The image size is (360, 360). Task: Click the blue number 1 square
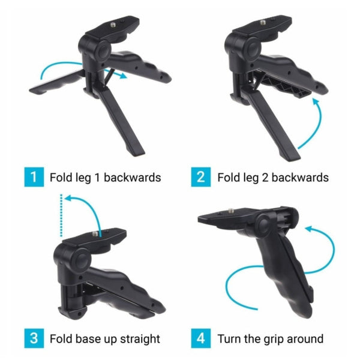click(34, 177)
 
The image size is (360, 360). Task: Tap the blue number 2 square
click(201, 177)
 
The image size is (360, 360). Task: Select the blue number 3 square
click(34, 338)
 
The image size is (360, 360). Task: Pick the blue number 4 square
click(201, 338)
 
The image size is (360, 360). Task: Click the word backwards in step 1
click(132, 178)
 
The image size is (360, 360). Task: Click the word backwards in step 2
click(300, 178)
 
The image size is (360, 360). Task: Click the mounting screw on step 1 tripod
click(113, 24)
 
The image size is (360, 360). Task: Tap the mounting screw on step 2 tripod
click(263, 22)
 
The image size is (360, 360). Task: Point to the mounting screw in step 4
click(232, 210)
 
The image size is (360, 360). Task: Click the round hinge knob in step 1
click(103, 52)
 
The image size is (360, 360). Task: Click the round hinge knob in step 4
click(263, 224)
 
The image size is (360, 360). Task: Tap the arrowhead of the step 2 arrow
click(316, 101)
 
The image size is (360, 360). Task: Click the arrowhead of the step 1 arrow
click(123, 76)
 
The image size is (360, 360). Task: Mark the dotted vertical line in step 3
click(61, 215)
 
